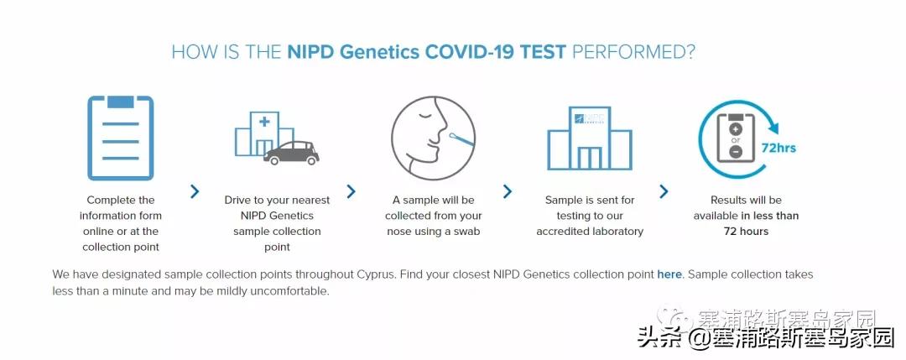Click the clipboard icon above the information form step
121,138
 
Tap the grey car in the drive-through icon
292,153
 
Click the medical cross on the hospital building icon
264,122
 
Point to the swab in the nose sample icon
461,138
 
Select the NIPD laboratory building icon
590,138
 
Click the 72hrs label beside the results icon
778,148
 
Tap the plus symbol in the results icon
736,128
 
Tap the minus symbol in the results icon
736,152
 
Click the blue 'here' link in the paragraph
669,274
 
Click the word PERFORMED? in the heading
633,52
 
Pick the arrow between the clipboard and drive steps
195,191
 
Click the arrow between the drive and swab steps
351,191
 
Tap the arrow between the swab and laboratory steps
508,191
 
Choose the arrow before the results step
664,191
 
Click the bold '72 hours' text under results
746,231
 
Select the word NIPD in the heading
310,52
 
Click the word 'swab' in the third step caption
468,231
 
